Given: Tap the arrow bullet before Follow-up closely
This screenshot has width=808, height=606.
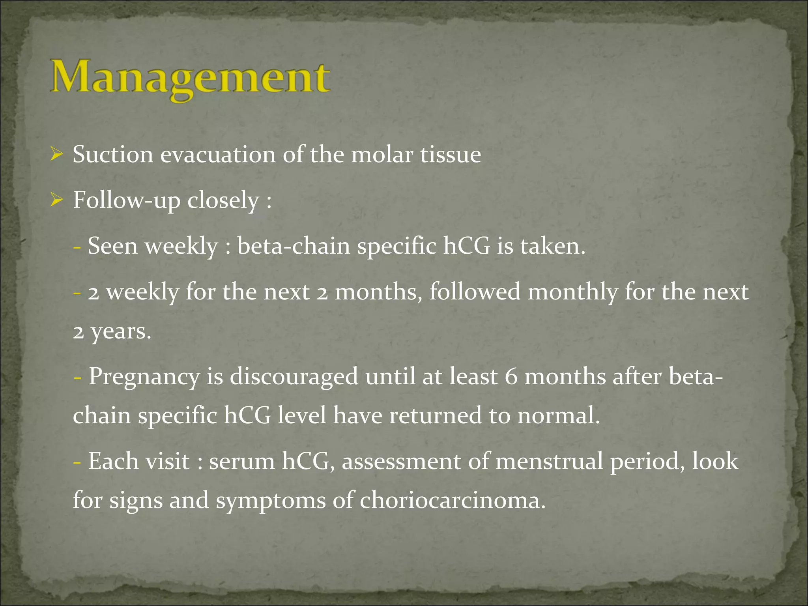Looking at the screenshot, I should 56,200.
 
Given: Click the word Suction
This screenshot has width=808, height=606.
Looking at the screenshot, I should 113,154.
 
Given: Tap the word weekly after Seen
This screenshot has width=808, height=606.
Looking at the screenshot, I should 181,247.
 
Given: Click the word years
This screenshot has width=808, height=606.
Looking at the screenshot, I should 120,332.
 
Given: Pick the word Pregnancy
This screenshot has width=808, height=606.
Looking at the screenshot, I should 144,377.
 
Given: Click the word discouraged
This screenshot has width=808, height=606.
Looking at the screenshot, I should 294,376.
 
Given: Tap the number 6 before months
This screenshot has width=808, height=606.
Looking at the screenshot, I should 511,376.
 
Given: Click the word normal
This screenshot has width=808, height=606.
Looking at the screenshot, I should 558,416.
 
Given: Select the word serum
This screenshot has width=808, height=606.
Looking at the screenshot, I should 241,461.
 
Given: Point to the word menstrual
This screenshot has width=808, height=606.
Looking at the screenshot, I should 549,461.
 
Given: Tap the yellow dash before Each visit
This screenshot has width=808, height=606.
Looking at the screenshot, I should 77,462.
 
